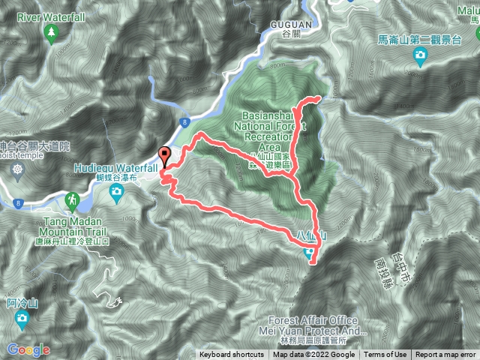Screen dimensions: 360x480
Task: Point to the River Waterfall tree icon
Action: click(x=51, y=32)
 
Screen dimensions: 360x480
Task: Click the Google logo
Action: click(x=28, y=349)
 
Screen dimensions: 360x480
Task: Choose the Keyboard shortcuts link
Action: click(x=231, y=355)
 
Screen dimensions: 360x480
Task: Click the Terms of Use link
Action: click(x=385, y=355)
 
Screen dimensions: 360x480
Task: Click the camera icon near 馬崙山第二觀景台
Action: click(x=420, y=55)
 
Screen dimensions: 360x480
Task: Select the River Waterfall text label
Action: click(x=49, y=14)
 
